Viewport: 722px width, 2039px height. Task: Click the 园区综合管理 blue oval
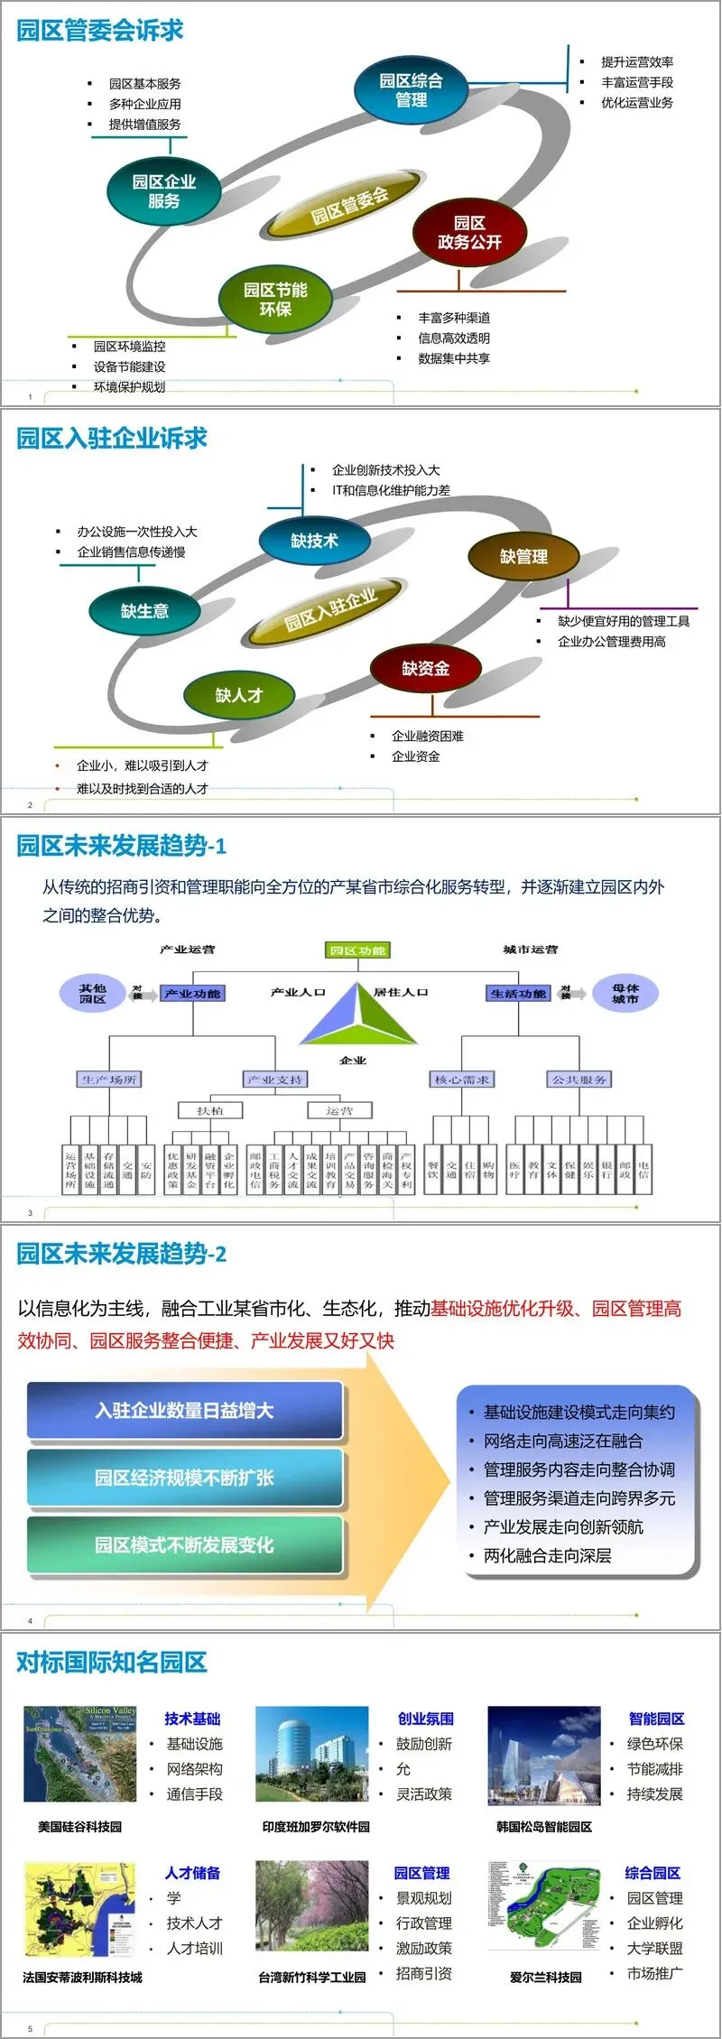click(x=411, y=89)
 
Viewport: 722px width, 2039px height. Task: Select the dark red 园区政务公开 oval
click(x=469, y=233)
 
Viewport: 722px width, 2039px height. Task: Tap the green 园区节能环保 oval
click(x=275, y=300)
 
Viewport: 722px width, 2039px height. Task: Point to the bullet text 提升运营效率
click(x=637, y=62)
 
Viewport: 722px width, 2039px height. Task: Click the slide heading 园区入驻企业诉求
click(x=112, y=439)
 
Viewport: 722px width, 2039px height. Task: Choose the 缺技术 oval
click(x=314, y=541)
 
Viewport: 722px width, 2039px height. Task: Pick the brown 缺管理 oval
click(x=523, y=557)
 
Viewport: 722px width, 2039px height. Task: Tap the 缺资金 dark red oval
click(x=425, y=669)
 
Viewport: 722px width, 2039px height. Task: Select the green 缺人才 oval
click(x=239, y=695)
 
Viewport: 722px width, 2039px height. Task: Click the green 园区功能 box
click(x=357, y=950)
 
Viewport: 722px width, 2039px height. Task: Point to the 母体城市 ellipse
click(x=625, y=994)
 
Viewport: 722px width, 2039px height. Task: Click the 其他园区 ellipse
click(x=92, y=994)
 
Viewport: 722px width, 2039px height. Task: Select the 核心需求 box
click(x=462, y=1080)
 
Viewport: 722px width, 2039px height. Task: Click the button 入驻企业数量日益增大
click(x=184, y=1410)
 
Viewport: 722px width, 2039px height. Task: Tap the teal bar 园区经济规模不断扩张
click(x=184, y=1478)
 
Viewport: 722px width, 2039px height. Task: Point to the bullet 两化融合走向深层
click(x=547, y=1555)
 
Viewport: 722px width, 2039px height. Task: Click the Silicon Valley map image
click(x=80, y=1755)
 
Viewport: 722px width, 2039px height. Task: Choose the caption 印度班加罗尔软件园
click(x=316, y=1827)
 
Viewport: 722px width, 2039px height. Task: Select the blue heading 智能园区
click(x=656, y=1719)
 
